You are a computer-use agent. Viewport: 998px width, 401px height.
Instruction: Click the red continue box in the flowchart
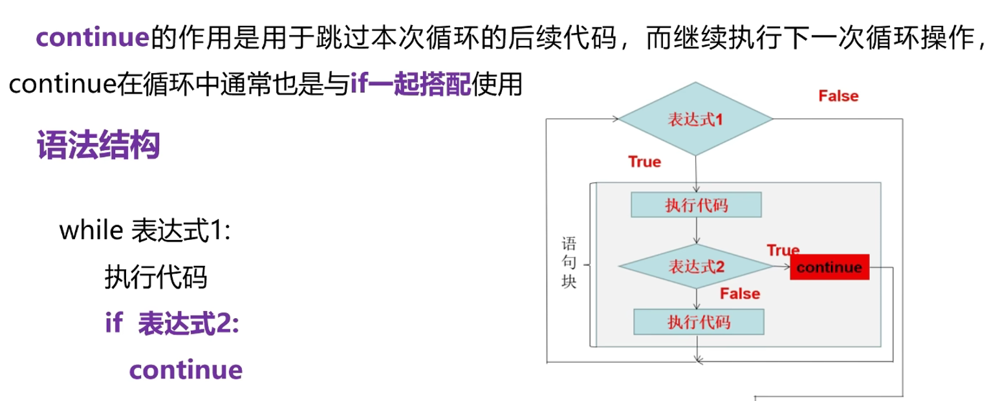pyautogui.click(x=829, y=267)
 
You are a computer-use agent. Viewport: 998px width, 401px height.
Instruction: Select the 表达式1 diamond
pyautogui.click(x=695, y=119)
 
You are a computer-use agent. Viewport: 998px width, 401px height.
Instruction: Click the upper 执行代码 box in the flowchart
pyautogui.click(x=696, y=205)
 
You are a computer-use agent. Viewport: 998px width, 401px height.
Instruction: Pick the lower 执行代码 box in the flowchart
pyautogui.click(x=699, y=321)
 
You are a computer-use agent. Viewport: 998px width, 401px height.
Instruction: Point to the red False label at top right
pyautogui.click(x=838, y=96)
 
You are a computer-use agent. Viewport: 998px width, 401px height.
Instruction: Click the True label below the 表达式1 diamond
pyautogui.click(x=644, y=162)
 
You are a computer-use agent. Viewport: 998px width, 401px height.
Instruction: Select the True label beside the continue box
pyautogui.click(x=783, y=250)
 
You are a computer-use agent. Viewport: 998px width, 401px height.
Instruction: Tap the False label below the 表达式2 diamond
pyautogui.click(x=740, y=294)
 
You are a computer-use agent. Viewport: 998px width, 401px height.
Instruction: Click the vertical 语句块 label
pyautogui.click(x=569, y=264)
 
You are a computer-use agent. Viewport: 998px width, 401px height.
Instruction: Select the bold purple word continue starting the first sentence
pyautogui.click(x=93, y=38)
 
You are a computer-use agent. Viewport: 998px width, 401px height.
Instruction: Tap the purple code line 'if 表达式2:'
pyautogui.click(x=172, y=323)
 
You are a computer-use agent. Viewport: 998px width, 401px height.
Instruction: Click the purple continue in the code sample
pyautogui.click(x=186, y=370)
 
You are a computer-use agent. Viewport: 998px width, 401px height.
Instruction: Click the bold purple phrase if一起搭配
pyautogui.click(x=411, y=85)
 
